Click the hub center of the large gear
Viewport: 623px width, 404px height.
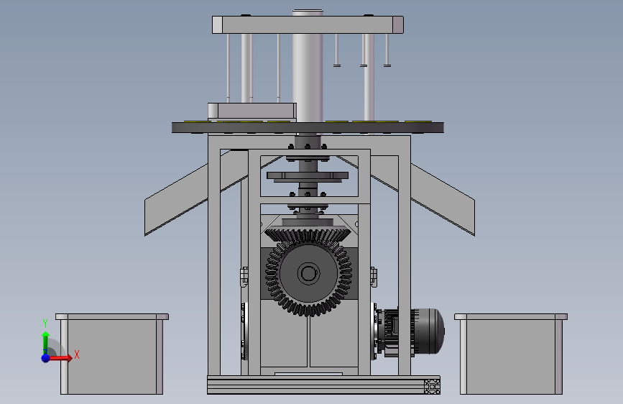click(x=308, y=273)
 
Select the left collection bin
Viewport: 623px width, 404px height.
click(x=112, y=354)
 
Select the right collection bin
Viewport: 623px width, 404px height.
click(x=511, y=354)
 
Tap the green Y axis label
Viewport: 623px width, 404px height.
click(x=45, y=323)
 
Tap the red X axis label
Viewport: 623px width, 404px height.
click(x=77, y=354)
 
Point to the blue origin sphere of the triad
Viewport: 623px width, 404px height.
click(x=46, y=358)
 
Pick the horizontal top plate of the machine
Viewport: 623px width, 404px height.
click(x=308, y=24)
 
